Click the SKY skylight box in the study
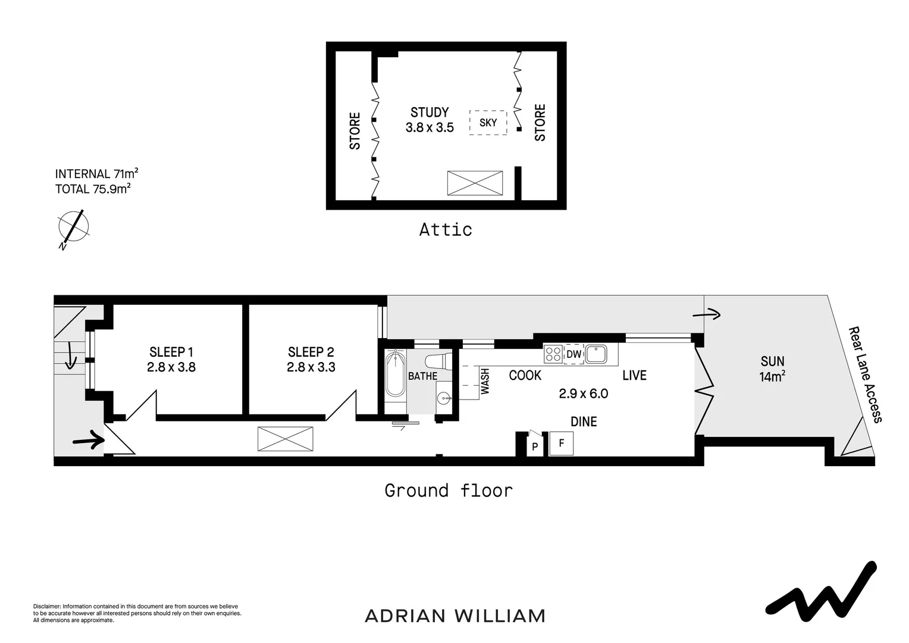488,123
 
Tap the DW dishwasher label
573,354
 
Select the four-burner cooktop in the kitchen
553,354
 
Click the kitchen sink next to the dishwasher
596,355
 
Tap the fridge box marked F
561,444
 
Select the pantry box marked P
535,445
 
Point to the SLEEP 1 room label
171,352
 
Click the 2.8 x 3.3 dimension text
311,367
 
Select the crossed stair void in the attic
475,183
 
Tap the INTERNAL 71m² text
96,174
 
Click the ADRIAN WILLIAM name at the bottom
454,616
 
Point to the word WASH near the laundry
485,381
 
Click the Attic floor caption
446,229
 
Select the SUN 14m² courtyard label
772,369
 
